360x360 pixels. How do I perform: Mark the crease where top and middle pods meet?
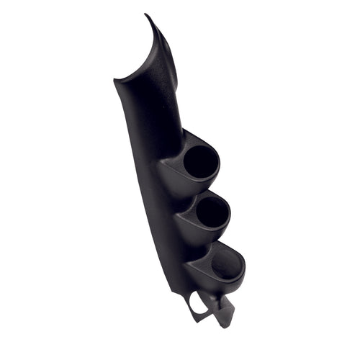[189, 193]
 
